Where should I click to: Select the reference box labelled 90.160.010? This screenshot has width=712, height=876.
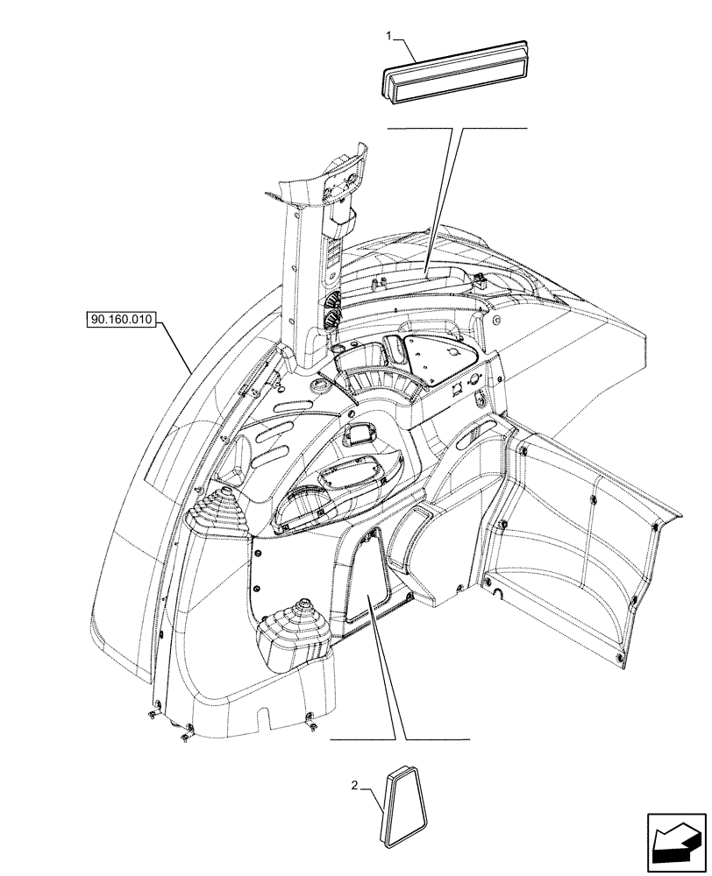pyautogui.click(x=121, y=321)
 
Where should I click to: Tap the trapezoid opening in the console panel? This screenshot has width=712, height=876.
pyautogui.click(x=369, y=578)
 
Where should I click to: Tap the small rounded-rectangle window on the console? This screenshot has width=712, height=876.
pyautogui.click(x=360, y=434)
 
